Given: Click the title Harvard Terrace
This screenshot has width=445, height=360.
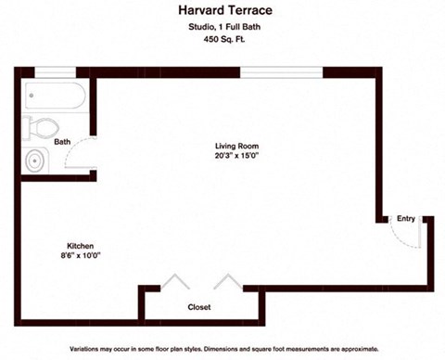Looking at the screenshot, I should tap(223, 12).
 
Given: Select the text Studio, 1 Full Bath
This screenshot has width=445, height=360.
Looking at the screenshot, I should tap(223, 37).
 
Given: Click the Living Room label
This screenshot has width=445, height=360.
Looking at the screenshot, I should tap(236, 146).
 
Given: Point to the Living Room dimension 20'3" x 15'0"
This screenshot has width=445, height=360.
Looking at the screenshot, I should tap(236, 157).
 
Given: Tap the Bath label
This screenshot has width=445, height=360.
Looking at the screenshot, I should tap(62, 142).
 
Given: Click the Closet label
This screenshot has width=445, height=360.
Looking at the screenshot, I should tap(199, 307).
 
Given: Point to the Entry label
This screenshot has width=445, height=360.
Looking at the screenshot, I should tap(406, 219).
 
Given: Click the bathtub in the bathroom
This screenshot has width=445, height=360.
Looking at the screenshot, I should tap(55, 96).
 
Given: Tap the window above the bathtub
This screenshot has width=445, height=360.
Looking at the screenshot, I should tap(55, 72).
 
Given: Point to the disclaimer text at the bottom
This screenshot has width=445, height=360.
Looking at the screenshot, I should tap(222, 349).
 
